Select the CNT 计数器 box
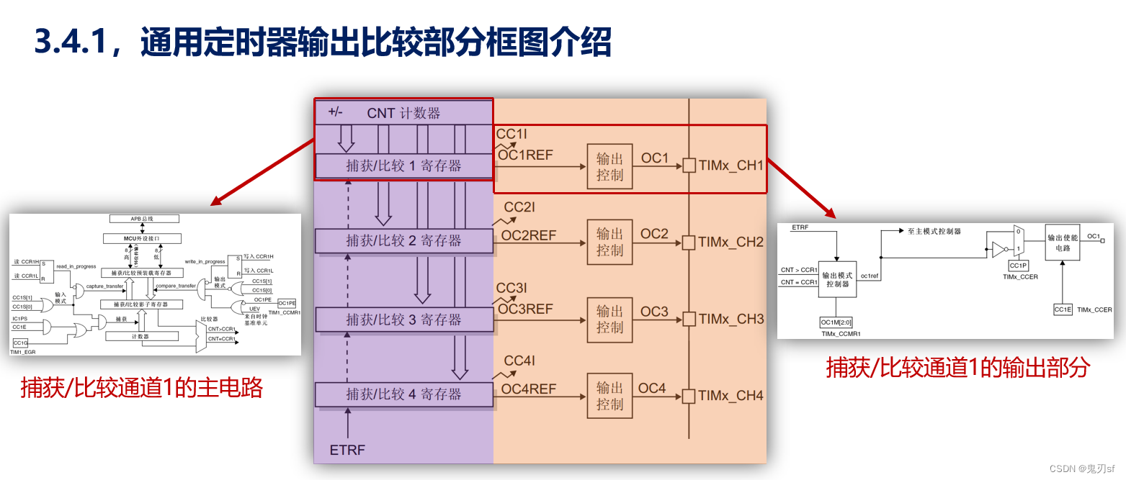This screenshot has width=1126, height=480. [x=403, y=113]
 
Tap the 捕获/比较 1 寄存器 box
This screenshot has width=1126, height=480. [x=403, y=166]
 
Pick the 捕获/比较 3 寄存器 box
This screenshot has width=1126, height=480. [x=403, y=320]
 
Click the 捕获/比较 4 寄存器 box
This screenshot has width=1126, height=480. [x=403, y=394]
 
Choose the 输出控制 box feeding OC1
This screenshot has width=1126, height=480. [x=609, y=166]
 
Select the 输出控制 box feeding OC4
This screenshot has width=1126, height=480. [x=609, y=397]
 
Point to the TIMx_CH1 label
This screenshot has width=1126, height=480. [x=730, y=166]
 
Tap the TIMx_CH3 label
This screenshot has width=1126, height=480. [x=730, y=319]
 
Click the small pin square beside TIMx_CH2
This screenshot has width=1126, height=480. [x=689, y=243]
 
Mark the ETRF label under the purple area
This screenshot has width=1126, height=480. [x=347, y=450]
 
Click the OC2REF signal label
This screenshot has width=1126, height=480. [x=529, y=235]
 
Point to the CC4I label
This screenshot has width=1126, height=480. [x=519, y=361]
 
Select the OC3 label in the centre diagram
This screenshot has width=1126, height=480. [x=654, y=312]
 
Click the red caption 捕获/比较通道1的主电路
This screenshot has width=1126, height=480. [x=142, y=388]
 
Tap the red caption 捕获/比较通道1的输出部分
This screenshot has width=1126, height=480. [x=957, y=368]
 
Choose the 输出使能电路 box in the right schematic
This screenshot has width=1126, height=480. [x=1065, y=243]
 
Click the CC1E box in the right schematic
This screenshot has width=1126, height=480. [x=1063, y=309]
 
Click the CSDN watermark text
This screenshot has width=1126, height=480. [x=1081, y=468]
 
